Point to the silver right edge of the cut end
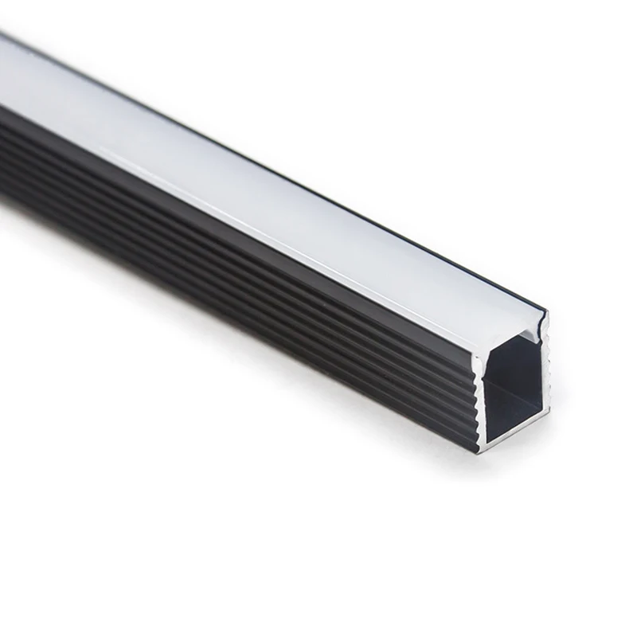click(546, 374)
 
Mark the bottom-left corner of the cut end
click(480, 451)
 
